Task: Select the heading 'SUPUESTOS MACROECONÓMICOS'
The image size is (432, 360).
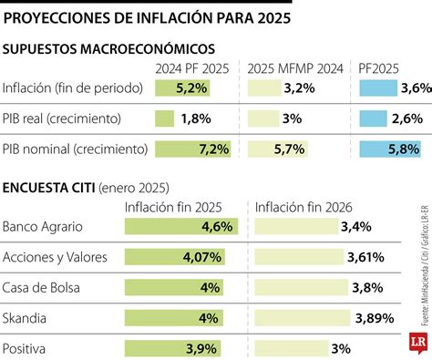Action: tap(109, 48)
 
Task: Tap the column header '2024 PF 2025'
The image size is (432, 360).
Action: tap(193, 68)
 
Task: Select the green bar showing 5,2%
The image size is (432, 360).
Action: tap(183, 88)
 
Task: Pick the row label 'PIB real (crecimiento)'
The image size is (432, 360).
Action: tap(61, 118)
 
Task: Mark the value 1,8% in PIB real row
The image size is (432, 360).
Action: tap(196, 118)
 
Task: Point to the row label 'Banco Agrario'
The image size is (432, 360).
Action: tap(42, 226)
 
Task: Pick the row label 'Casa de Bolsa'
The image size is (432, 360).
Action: tap(41, 288)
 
